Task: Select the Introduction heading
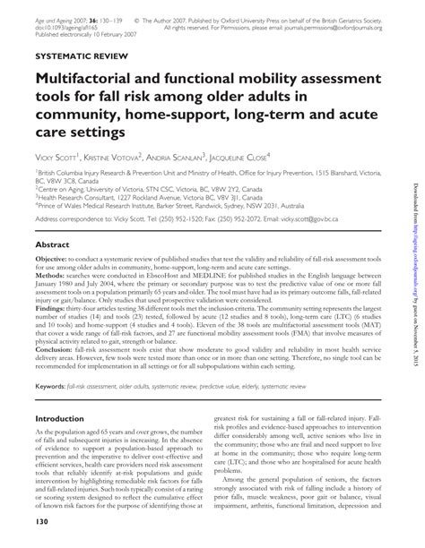[x=65, y=418]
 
